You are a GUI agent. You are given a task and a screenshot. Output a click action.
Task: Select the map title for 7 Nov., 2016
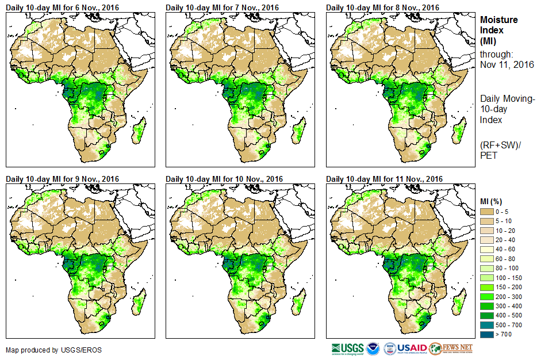point(223,7)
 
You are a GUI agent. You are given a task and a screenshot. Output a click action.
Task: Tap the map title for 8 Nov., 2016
point(382,7)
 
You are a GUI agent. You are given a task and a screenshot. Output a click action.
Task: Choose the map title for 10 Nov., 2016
point(224,179)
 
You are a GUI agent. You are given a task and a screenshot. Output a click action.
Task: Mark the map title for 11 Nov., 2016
point(384,179)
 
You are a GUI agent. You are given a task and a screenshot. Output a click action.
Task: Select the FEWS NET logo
point(451,348)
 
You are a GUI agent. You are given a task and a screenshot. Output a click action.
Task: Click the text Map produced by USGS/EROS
point(45,350)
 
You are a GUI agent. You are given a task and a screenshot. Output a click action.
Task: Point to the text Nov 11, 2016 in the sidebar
point(507,64)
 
